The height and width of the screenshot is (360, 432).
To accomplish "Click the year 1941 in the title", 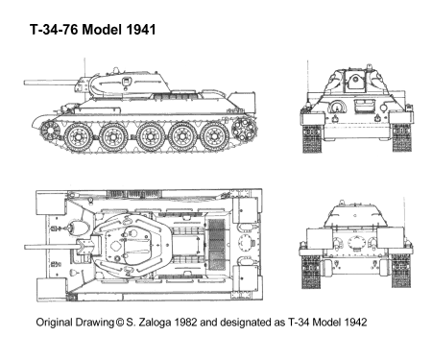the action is pos(141,30).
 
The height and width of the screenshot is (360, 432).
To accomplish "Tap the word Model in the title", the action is pos(102,30).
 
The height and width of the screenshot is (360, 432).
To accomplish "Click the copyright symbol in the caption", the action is pos(119,323).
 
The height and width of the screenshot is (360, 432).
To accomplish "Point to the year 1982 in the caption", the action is pos(185,323).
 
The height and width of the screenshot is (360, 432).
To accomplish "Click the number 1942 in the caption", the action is pos(354,323).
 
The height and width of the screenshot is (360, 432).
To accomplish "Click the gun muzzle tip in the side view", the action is pos(25,83).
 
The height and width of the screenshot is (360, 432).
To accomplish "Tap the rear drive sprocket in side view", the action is pos(244,130).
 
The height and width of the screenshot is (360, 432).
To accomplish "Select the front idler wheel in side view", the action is pos(49,131).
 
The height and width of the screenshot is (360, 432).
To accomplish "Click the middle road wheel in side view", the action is pos(150,137).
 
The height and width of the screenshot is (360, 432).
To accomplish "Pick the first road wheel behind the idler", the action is pos(79,137).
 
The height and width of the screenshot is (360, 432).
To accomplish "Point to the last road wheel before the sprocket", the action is pos(215,137).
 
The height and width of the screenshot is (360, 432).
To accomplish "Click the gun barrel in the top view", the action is pos(51,247).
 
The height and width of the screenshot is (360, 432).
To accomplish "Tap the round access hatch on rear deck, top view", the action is pos(246,244).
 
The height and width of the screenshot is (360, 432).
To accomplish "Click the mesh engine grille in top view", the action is pos(216,245).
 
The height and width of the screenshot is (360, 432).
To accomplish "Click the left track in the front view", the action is pos(312,138).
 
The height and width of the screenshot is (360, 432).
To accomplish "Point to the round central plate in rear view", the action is pos(356,243).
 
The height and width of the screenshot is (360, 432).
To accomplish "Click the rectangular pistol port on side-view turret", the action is pos(127,81).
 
